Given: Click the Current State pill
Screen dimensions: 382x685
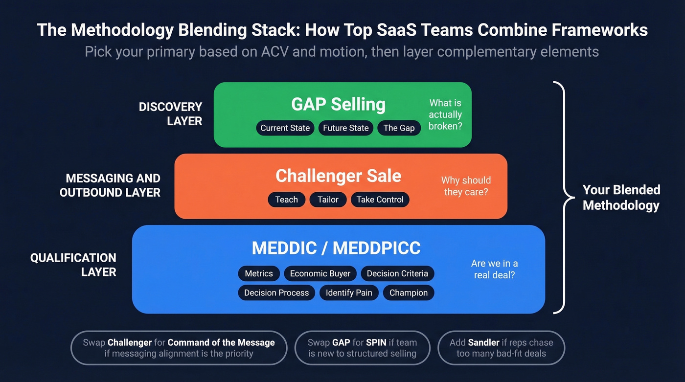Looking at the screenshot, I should click(x=285, y=128).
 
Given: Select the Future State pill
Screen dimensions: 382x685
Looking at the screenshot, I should click(x=346, y=128).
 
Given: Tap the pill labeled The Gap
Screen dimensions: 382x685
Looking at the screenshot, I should click(x=399, y=128).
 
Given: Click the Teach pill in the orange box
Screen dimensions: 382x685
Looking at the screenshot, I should click(x=287, y=200).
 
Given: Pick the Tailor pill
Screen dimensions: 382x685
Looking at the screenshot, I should click(x=328, y=200).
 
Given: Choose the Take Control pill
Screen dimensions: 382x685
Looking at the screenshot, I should click(x=380, y=200).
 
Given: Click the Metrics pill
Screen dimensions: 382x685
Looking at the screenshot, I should click(x=259, y=273).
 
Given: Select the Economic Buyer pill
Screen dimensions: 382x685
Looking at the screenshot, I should click(x=320, y=273).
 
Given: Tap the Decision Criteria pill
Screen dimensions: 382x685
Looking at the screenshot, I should click(x=397, y=273).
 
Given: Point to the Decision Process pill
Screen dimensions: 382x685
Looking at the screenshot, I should click(x=276, y=293).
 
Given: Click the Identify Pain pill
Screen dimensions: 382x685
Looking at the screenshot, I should click(x=349, y=293).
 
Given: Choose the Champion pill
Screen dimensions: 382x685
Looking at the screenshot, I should click(x=409, y=293).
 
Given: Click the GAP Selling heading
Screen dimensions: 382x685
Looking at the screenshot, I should click(x=338, y=104).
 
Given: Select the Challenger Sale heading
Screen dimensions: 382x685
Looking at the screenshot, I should click(x=338, y=176).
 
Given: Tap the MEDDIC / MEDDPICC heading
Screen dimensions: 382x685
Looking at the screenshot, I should click(x=336, y=248).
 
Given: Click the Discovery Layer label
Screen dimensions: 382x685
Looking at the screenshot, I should click(x=170, y=114).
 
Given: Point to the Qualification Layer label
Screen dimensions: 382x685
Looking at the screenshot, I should click(x=73, y=265).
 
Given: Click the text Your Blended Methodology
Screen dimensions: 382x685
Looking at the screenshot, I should click(x=621, y=198).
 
